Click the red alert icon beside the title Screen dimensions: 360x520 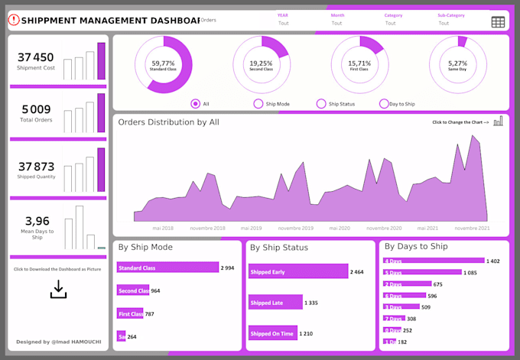point(13,21)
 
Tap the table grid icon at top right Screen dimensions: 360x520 point(498,22)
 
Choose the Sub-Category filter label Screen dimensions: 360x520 point(450,15)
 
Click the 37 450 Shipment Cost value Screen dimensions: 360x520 point(36,57)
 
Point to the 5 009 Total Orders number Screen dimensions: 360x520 point(36,109)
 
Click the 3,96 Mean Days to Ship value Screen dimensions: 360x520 point(37,222)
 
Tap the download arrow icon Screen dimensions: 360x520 point(58,289)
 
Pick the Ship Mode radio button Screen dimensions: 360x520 point(258,104)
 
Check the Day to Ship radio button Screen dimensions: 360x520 point(384,104)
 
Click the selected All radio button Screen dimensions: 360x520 point(196,104)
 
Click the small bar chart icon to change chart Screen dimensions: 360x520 point(498,121)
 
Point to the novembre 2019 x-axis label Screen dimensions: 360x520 point(295,228)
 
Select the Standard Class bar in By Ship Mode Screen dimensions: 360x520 point(167,268)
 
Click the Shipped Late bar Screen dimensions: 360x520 point(275,303)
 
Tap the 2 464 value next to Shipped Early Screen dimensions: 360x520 point(357,272)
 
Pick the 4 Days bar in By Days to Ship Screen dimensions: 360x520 point(434,261)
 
